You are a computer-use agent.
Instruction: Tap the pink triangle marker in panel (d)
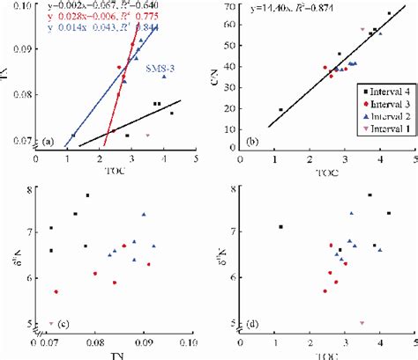[362, 323]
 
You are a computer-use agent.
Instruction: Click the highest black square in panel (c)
[87, 195]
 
